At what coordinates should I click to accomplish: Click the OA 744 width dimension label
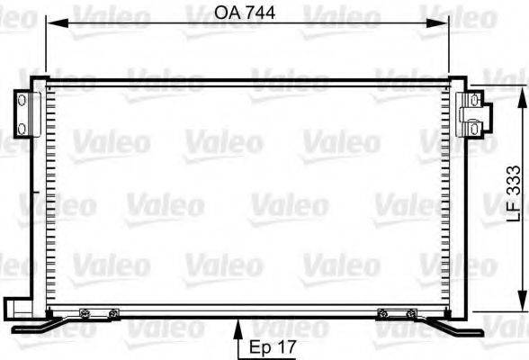(245, 13)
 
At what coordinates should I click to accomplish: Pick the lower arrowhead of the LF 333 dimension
(523, 304)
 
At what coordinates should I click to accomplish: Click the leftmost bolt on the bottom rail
(84, 313)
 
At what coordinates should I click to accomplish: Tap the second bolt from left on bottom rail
(112, 313)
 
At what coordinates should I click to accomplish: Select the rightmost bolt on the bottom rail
(410, 313)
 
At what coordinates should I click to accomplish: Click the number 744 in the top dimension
(258, 13)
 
